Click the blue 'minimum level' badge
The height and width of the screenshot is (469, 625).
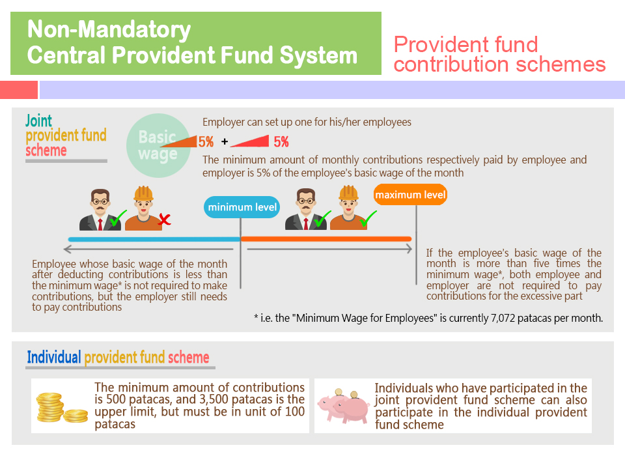(x=242, y=207)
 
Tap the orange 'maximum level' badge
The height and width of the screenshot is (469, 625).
(x=410, y=195)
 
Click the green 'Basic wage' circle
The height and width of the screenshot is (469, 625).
(x=158, y=145)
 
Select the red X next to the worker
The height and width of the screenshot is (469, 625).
(x=164, y=219)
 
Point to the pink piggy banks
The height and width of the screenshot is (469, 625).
(x=344, y=405)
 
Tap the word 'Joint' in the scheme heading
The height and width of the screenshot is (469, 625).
(x=38, y=121)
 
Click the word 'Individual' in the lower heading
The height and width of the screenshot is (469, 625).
(x=54, y=357)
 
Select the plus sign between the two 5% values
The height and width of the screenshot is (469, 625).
(x=225, y=141)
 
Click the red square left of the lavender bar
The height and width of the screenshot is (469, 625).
(x=19, y=90)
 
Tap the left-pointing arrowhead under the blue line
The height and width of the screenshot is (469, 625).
(x=67, y=249)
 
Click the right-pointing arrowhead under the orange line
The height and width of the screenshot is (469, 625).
(x=408, y=249)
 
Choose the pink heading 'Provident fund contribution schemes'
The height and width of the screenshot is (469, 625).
(x=499, y=54)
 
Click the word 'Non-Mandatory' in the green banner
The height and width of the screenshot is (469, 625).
(x=109, y=29)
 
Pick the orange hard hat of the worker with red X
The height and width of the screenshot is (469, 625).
(x=143, y=193)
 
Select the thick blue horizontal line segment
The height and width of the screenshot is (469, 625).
(x=154, y=239)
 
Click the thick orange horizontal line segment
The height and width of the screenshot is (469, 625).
(x=326, y=239)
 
